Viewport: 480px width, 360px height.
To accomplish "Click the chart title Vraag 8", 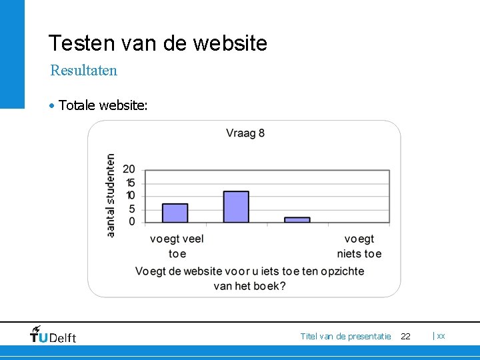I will (x=245, y=133).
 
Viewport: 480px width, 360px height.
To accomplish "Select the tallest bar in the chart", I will (x=236, y=207).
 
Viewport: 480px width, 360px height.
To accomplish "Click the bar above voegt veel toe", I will (x=175, y=213).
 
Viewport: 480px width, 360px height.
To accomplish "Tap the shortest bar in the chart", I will (x=297, y=219).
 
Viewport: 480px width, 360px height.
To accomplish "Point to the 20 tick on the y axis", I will (x=129, y=169).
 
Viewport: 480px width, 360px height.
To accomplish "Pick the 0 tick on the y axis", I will (x=132, y=221).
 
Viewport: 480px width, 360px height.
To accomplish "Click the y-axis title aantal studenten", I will (x=111, y=195).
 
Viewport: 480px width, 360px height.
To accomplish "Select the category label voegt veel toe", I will (x=177, y=246).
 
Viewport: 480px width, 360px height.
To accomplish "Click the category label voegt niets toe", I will (x=359, y=246).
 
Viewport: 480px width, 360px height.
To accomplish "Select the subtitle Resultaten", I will (x=84, y=70).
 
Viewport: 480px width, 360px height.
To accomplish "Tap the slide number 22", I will (x=405, y=336).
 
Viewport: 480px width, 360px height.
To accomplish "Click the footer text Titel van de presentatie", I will (x=345, y=336).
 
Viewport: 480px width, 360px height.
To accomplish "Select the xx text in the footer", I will (x=441, y=336).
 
